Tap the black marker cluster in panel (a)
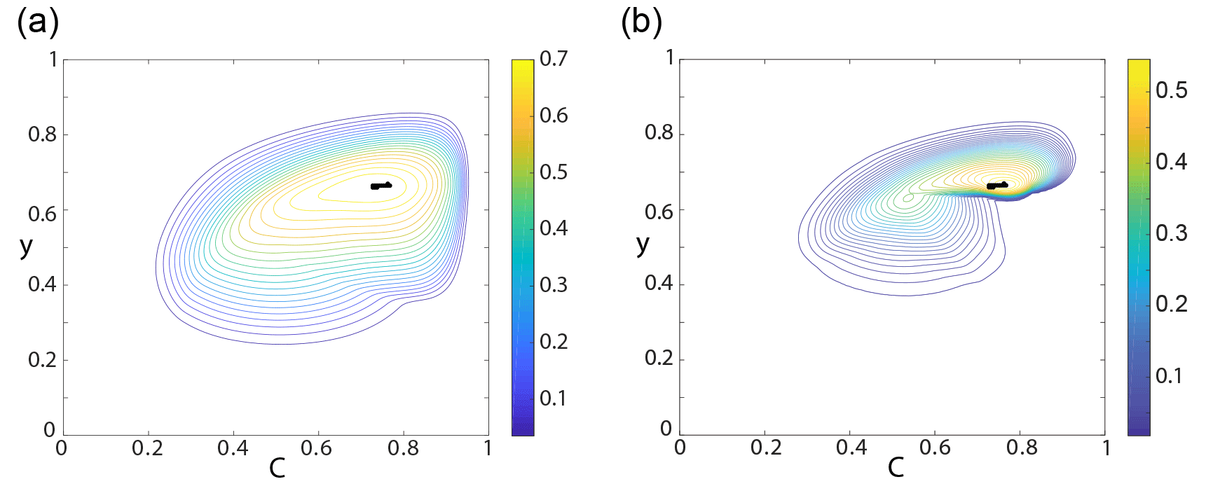click(x=381, y=186)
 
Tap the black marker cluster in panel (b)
click(x=996, y=186)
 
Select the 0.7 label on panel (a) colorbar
click(x=554, y=59)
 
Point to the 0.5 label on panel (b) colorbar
click(x=1171, y=90)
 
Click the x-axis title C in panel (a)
click(x=277, y=468)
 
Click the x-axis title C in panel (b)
click(x=896, y=468)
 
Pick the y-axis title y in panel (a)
click(x=26, y=246)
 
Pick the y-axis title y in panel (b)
click(x=643, y=244)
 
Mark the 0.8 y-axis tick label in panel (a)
click(x=42, y=134)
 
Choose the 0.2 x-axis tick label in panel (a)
click(x=147, y=448)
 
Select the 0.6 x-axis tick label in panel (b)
click(x=935, y=448)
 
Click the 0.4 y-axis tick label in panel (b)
click(x=659, y=283)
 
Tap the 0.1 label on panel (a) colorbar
click(x=553, y=399)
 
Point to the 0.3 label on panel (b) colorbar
click(x=1171, y=233)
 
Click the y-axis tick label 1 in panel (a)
click(x=53, y=60)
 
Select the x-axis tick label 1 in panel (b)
click(x=1106, y=448)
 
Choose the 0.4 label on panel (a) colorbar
click(x=554, y=228)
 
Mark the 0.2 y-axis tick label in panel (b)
click(x=659, y=358)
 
